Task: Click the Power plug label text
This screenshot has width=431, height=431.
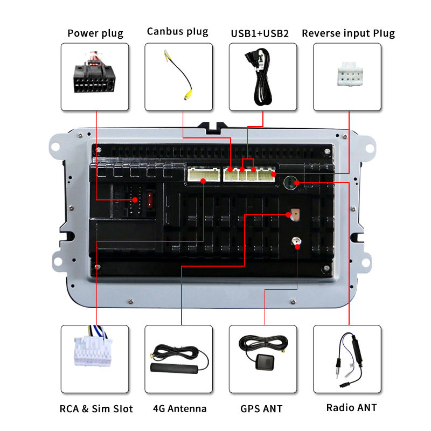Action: tap(95, 33)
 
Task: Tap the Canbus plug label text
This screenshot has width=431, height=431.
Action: tap(177, 32)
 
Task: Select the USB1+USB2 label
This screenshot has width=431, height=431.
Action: tap(260, 33)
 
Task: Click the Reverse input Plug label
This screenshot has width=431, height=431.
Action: tap(348, 33)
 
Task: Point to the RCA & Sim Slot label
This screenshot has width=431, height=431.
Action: tap(96, 408)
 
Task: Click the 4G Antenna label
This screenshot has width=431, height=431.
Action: tap(179, 408)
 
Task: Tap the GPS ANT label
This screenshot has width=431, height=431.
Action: tap(261, 408)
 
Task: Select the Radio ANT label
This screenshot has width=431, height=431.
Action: tap(351, 407)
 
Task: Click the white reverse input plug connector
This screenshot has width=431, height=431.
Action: tap(347, 77)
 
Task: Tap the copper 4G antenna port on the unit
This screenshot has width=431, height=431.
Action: tap(295, 215)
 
